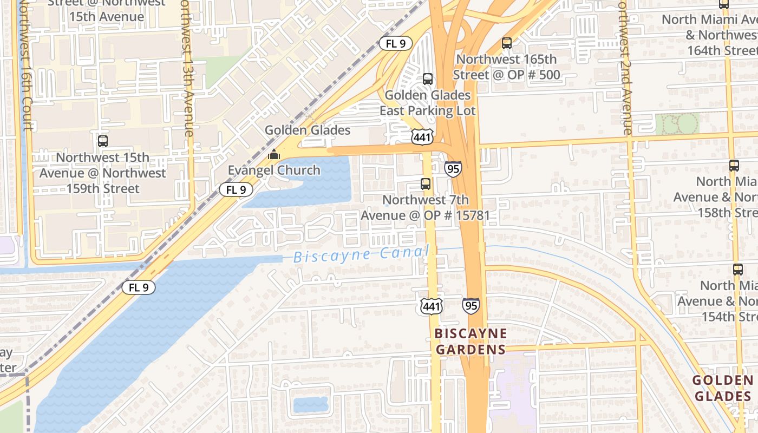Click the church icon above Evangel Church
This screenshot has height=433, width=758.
(x=274, y=154)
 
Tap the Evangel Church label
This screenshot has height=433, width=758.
(x=274, y=170)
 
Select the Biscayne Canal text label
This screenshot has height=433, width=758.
(x=361, y=254)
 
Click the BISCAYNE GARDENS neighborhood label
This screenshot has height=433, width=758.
(x=471, y=342)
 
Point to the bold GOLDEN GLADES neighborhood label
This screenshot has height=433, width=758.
(x=722, y=388)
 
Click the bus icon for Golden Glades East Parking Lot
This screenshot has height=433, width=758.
(x=428, y=79)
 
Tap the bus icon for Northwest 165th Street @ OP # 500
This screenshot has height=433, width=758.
(x=507, y=43)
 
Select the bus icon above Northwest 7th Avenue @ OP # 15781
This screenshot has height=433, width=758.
(x=426, y=184)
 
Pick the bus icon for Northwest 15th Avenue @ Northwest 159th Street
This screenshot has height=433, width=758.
(x=103, y=141)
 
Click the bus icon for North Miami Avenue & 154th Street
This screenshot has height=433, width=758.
(x=737, y=269)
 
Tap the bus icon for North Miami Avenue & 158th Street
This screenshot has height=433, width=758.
(x=734, y=165)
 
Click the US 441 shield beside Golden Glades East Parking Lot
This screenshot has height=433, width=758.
(x=422, y=137)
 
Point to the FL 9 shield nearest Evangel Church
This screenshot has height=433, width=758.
(x=236, y=189)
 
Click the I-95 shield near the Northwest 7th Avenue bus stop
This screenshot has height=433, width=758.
(x=453, y=169)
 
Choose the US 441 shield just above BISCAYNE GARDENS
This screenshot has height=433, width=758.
(x=432, y=306)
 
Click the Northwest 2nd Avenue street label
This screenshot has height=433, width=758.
(x=625, y=68)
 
